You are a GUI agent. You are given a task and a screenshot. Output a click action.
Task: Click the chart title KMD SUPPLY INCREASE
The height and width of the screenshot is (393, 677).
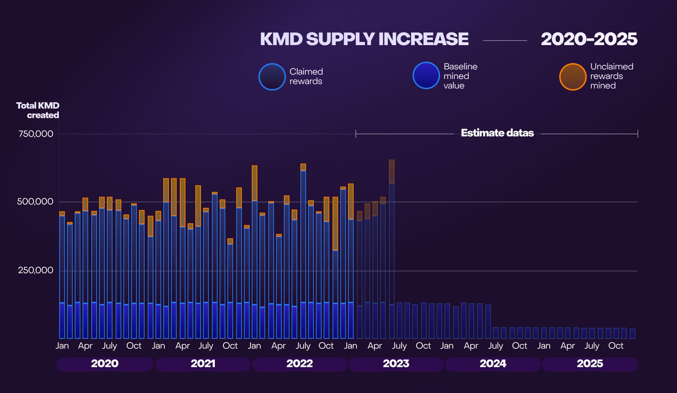point(364,39)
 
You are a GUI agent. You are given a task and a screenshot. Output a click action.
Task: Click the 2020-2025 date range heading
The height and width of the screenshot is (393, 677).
point(589,39)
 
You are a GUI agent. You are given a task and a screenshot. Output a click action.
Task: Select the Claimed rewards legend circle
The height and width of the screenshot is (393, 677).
point(272,77)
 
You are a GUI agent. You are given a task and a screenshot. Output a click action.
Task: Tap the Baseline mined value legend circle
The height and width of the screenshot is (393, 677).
point(426,75)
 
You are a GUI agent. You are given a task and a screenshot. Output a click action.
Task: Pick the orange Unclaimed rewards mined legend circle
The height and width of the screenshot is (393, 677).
point(573,77)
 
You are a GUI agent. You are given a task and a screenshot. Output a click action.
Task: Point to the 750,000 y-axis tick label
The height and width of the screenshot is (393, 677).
point(36,134)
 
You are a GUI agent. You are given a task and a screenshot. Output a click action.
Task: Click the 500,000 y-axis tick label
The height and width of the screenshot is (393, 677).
point(35,202)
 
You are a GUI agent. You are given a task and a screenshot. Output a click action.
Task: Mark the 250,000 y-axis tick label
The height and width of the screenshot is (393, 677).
point(36,270)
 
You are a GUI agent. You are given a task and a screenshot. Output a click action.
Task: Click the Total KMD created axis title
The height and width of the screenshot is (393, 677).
point(38,110)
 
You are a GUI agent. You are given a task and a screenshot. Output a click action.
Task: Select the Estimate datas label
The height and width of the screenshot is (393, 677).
point(497,133)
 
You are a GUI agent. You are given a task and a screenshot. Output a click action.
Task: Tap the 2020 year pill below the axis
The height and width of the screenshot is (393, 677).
point(105,364)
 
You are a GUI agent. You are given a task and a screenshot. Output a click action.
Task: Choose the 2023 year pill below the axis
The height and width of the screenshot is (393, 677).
point(396,364)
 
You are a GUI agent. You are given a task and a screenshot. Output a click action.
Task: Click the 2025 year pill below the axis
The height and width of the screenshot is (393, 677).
point(590,364)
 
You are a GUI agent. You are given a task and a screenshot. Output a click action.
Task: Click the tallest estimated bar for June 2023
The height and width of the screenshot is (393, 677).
point(391,247)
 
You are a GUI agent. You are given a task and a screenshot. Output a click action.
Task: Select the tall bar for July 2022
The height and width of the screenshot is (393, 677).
point(303,247)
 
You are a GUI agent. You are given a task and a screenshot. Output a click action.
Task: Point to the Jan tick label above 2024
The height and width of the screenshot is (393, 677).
point(447,346)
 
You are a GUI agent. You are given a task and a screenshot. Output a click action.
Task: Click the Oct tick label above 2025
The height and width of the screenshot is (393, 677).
point(616,346)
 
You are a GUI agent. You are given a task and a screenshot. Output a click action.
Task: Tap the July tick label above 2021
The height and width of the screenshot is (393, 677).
point(206,346)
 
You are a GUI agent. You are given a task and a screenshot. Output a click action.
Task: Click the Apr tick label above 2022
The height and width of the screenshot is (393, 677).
point(278,346)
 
